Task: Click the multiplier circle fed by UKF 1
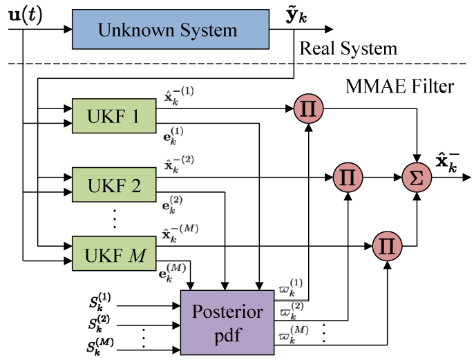tap(307, 108)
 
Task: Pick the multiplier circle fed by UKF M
tap(386, 245)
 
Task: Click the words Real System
tap(348, 49)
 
